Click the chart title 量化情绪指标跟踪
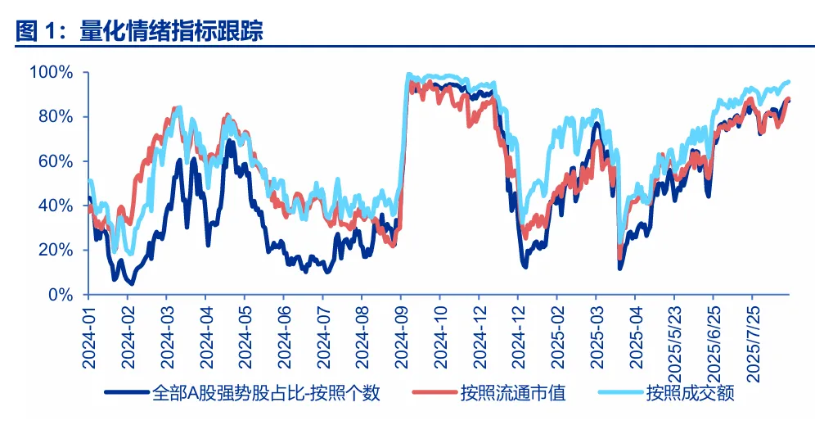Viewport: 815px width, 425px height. (x=171, y=32)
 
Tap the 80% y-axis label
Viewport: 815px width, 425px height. (x=56, y=117)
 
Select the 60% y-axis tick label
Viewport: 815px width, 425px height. (x=56, y=161)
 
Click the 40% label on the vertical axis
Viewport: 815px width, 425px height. (x=56, y=206)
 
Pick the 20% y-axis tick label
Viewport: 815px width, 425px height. (x=56, y=250)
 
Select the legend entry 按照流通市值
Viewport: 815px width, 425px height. (x=512, y=393)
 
